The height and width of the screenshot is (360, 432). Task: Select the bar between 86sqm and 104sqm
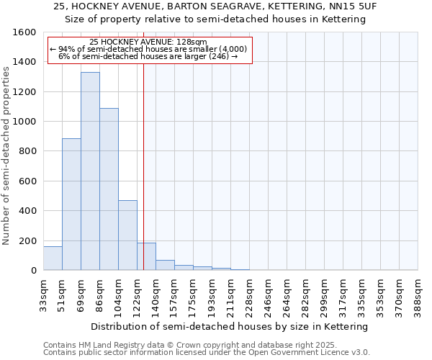point(109,189)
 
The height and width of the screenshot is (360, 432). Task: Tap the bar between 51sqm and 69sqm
point(71,204)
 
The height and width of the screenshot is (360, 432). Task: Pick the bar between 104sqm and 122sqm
point(127,235)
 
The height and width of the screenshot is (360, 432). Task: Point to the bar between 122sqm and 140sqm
point(146,257)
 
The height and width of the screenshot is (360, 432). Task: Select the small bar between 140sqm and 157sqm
point(165,265)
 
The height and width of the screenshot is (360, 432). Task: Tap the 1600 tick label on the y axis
point(24,32)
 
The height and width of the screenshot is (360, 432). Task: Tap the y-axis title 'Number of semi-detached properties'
point(6,151)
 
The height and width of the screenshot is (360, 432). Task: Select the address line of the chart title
point(215,6)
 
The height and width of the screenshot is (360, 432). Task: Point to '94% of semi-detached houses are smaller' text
point(148,49)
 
